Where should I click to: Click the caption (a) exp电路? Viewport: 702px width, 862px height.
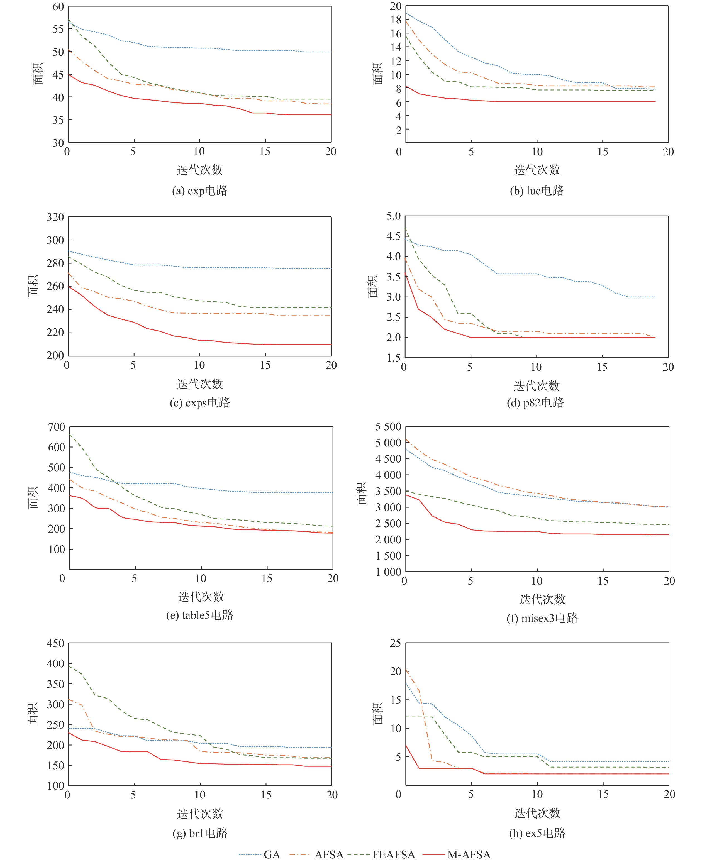click(x=200, y=191)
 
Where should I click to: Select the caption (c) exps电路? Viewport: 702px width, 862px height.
click(x=200, y=402)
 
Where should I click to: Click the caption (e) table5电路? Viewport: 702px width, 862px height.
click(x=200, y=615)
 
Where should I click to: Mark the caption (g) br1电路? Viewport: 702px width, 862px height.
click(x=200, y=832)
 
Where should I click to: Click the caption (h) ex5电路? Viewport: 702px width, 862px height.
click(x=537, y=832)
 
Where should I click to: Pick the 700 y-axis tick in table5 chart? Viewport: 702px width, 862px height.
click(x=56, y=427)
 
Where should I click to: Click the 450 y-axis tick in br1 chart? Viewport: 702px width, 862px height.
click(x=55, y=643)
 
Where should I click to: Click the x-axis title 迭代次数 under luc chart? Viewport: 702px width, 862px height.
click(x=537, y=169)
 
